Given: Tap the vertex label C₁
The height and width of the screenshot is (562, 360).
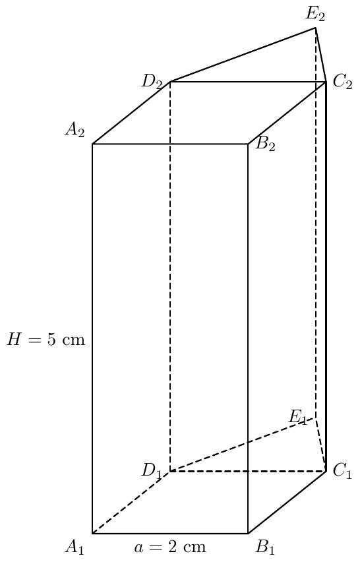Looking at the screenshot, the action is tap(342, 471).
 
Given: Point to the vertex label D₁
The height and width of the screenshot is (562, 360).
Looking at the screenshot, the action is tap(152, 471).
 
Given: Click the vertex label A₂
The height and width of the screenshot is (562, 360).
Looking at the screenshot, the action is tap(75, 131).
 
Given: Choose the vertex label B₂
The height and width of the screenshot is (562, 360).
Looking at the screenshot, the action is tap(266, 144).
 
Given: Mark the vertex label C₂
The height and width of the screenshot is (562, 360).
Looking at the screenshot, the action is tap(342, 82).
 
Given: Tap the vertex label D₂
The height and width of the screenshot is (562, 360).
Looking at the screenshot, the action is tap(152, 82).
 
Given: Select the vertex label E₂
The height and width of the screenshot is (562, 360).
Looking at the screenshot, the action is tap(315, 15).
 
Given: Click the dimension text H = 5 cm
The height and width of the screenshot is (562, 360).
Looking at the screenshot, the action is tap(46, 339).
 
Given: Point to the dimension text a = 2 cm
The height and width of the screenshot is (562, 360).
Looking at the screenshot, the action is tap(170, 547).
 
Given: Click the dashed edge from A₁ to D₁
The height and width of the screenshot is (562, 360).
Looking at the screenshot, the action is tap(131, 503).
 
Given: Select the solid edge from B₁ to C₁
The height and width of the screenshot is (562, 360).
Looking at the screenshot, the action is tap(287, 503).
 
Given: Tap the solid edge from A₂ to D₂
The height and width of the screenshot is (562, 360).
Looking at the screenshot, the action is tap(131, 113).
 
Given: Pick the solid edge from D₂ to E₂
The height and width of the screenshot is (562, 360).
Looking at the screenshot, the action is tap(243, 55).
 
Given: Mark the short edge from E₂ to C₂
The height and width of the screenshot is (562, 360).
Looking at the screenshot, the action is tap(321, 55).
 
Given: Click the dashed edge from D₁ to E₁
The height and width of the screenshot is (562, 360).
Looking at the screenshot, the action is tap(243, 445).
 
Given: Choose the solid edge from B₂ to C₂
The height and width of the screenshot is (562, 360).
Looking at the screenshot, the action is tap(287, 113).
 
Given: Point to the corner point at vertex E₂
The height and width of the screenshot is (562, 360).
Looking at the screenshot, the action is tap(316, 28).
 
